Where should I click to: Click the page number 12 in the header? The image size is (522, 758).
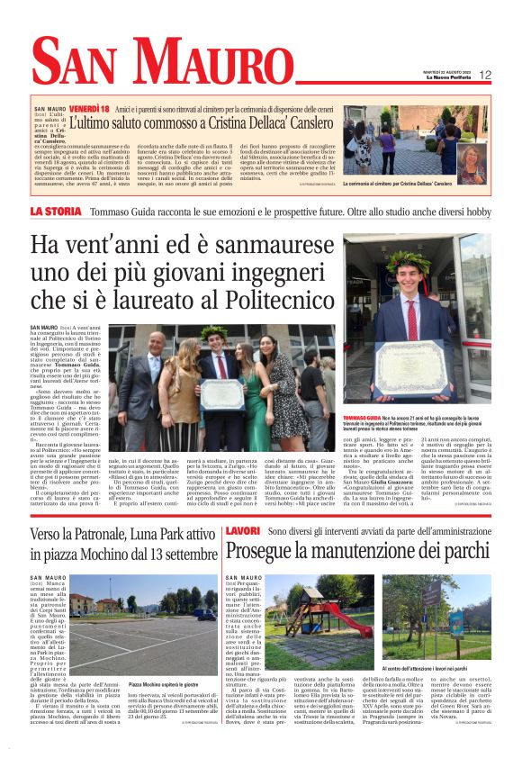[x=485, y=75]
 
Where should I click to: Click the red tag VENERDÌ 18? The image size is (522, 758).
[x=71, y=108]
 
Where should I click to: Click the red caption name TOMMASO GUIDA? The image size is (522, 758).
[x=362, y=417]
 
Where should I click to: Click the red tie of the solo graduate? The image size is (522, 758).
[x=412, y=315]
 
